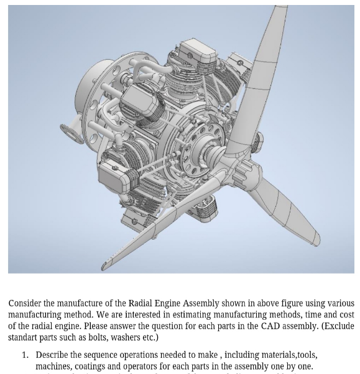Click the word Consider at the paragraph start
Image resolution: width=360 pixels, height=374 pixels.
25,304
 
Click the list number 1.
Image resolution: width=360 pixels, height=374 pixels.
25,355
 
